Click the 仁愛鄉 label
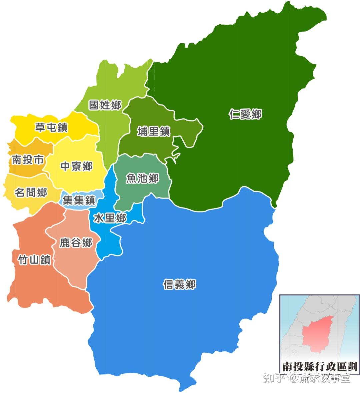click(x=245, y=115)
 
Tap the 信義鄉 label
click(x=179, y=284)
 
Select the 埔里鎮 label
click(x=154, y=132)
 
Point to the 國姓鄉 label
click(x=105, y=105)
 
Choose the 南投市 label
click(x=27, y=160)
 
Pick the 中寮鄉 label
click(x=76, y=166)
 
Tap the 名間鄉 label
click(x=31, y=192)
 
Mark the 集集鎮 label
click(x=79, y=200)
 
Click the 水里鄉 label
click(x=110, y=218)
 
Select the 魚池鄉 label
click(x=142, y=179)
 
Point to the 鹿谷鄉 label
click(x=76, y=243)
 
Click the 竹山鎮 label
click(x=34, y=260)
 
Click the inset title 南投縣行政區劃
click(x=319, y=366)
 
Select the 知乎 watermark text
click(x=274, y=378)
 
